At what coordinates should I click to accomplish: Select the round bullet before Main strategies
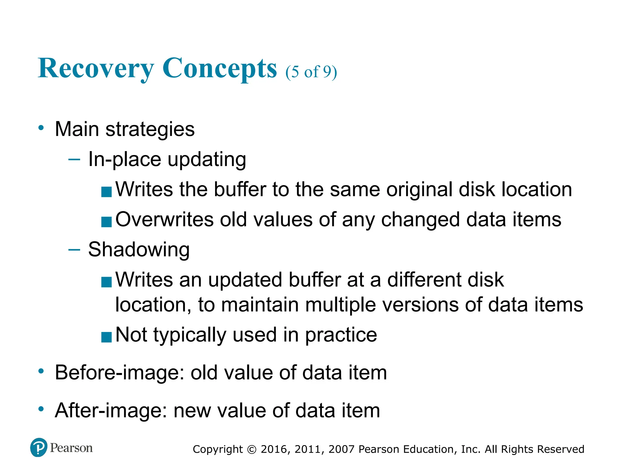[x=41, y=128]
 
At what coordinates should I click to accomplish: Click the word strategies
[x=150, y=130]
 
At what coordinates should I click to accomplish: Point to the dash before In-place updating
[x=74, y=159]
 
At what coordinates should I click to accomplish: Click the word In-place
[x=125, y=159]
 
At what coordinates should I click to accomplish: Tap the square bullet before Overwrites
[x=106, y=222]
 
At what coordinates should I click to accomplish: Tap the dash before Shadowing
[x=74, y=250]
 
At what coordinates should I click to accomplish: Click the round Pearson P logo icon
[x=39, y=448]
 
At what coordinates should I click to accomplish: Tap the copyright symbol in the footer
[x=252, y=449]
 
